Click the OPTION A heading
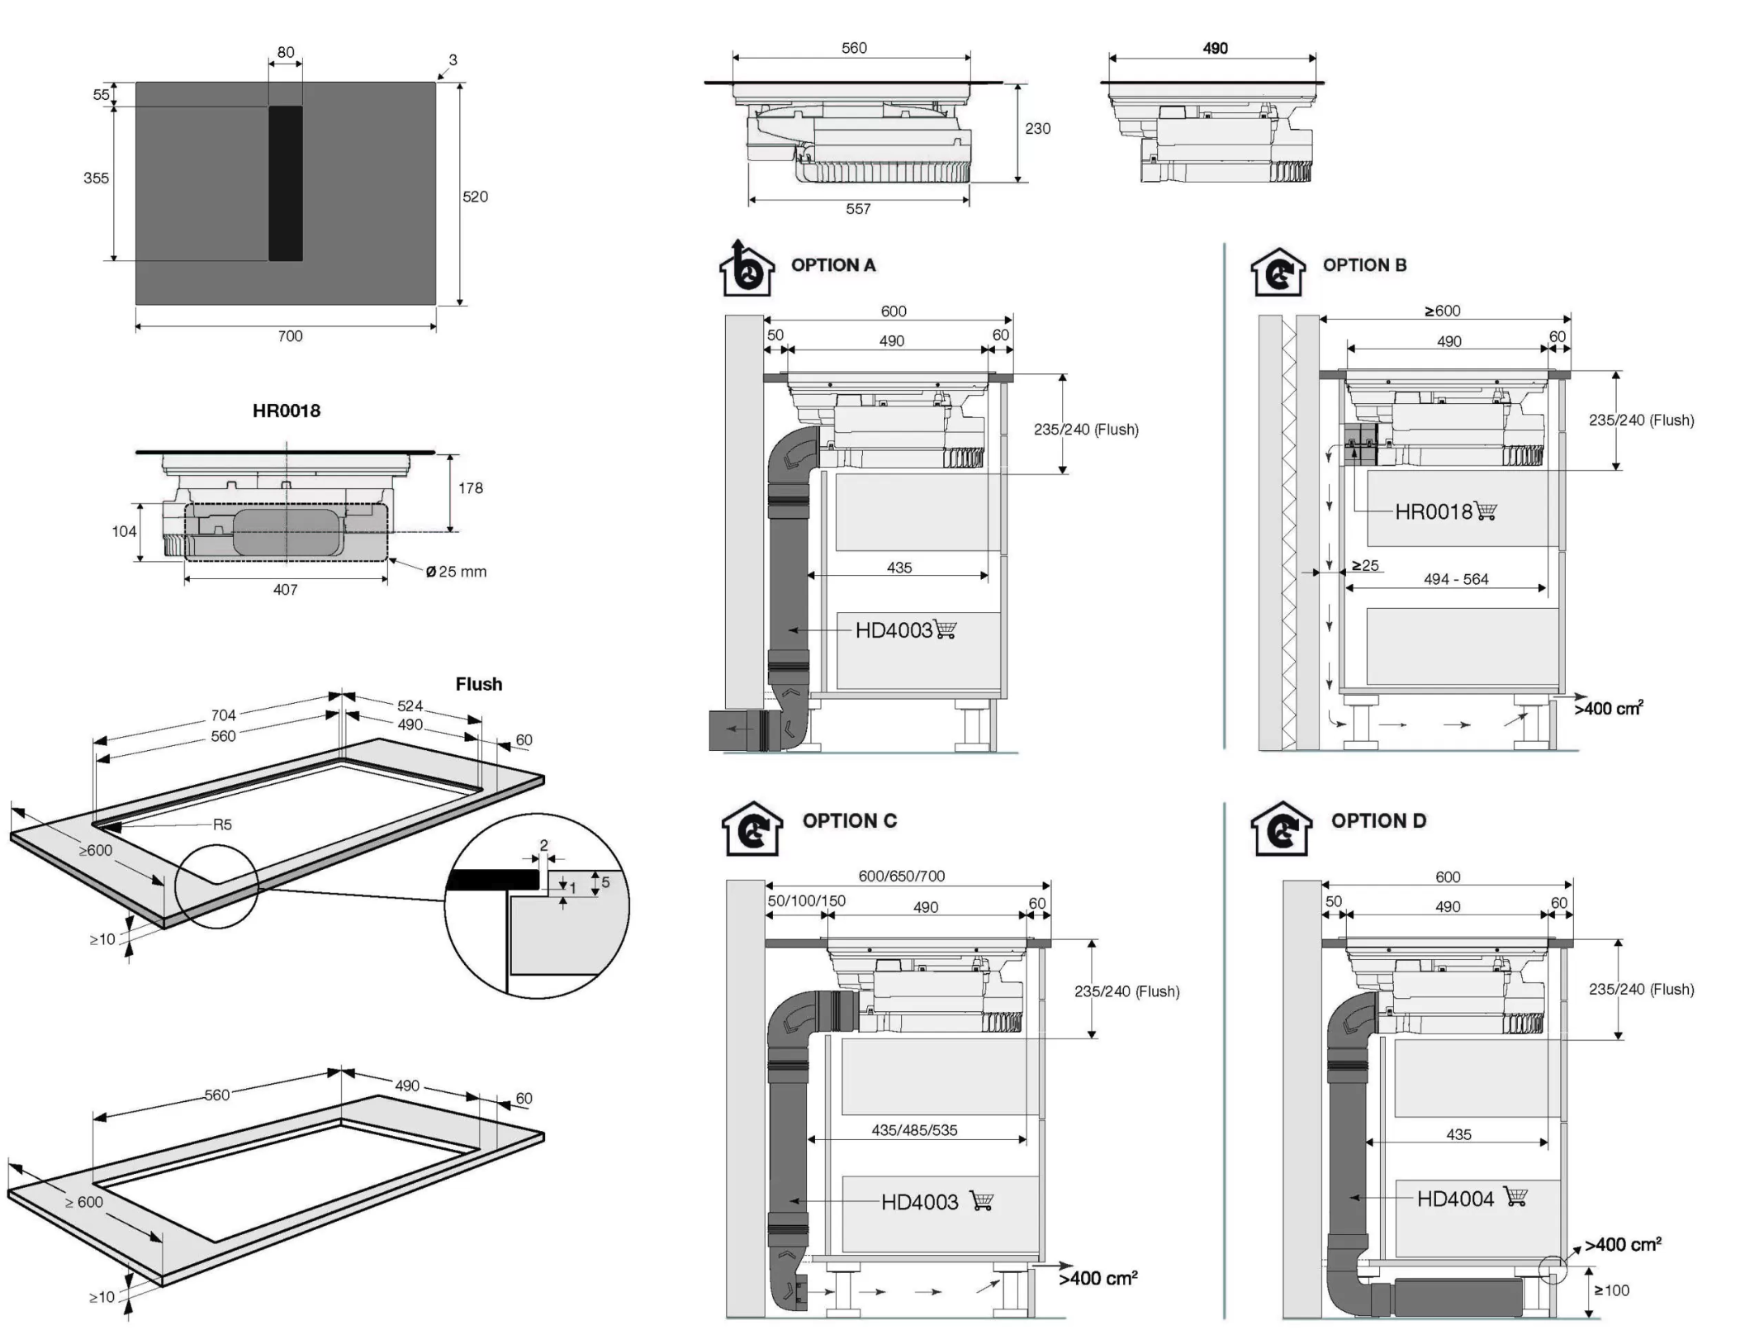832,265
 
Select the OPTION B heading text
1364,265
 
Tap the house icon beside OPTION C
751,829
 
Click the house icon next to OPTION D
1281,829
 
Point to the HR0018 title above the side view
287,411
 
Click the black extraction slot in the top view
286,183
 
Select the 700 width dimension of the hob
290,336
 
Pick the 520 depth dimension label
475,197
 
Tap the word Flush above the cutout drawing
479,684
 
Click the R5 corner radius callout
222,824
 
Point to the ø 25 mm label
457,572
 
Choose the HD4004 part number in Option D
1455,1199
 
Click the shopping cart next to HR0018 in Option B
1486,511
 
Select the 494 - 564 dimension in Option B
1456,579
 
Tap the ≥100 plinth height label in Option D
1611,1290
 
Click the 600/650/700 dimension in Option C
901,876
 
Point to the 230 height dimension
1038,129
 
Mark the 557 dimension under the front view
858,209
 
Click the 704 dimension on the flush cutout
223,715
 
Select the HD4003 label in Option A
894,630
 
